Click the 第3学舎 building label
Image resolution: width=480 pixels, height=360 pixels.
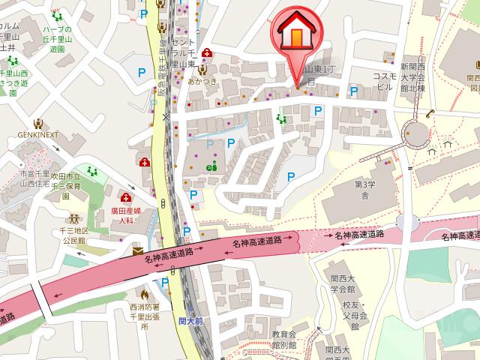(364, 189)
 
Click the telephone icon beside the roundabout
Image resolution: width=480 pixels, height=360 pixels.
(430, 114)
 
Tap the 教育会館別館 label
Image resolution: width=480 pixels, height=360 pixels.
(285, 339)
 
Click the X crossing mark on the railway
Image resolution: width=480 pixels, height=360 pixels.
(166, 117)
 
